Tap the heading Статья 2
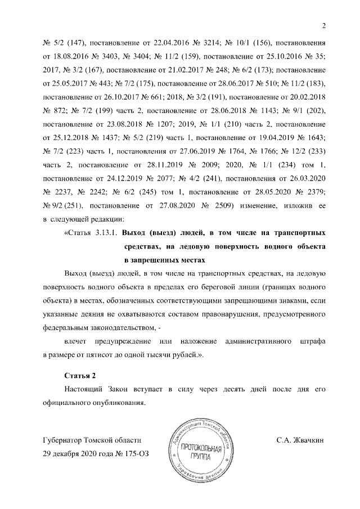coord(79,375)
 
